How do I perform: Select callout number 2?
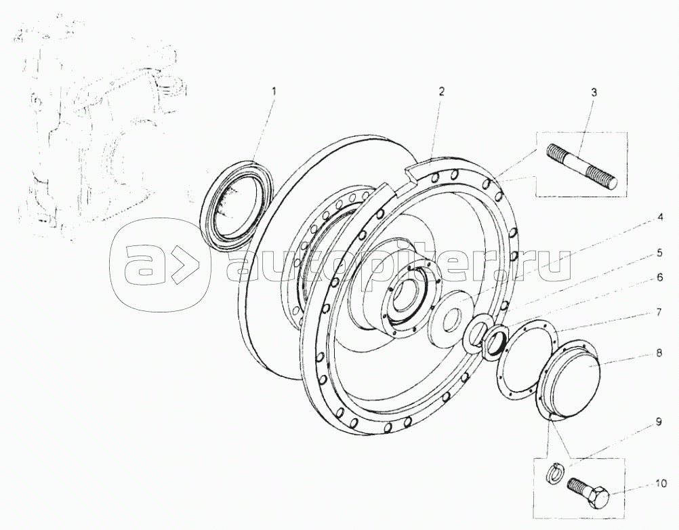coord(440,91)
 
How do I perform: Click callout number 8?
coord(659,352)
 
